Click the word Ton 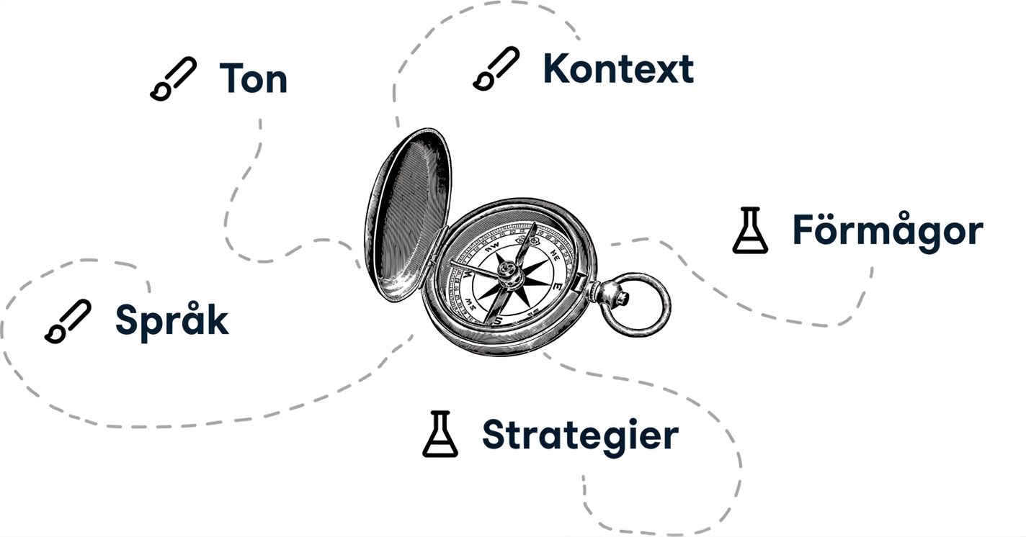click(254, 78)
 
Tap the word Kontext click(618, 68)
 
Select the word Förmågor click(888, 230)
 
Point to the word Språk click(171, 320)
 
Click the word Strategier click(580, 436)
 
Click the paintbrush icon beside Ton click(174, 78)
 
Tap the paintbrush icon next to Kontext click(496, 68)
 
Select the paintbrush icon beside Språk click(68, 321)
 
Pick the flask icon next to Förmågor click(750, 230)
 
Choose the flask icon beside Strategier click(440, 434)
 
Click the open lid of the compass click(408, 215)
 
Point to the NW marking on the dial click(492, 246)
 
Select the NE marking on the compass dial click(554, 256)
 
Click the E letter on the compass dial click(558, 287)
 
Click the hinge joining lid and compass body click(437, 247)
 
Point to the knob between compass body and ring click(610, 294)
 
